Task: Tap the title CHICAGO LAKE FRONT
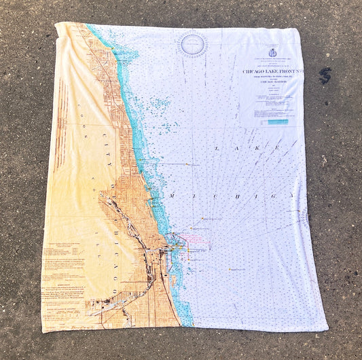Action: pos(270,71)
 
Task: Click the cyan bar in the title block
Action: pos(277,122)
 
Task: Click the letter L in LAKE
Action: pos(217,147)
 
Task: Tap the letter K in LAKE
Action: pos(259,147)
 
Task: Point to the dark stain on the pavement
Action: pos(325,76)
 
